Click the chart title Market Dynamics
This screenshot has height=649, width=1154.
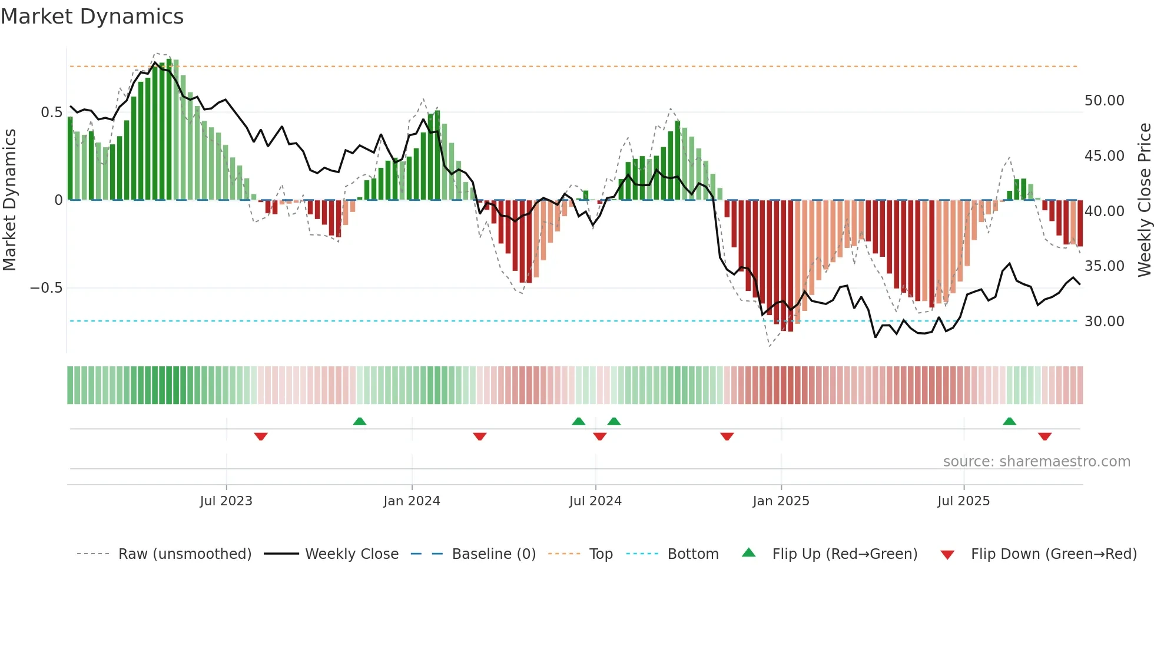click(x=92, y=16)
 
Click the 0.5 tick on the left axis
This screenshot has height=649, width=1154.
click(x=52, y=112)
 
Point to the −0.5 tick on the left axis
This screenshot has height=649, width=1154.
click(x=47, y=288)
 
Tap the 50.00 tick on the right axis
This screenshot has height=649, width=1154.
click(x=1104, y=101)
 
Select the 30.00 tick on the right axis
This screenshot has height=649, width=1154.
click(x=1104, y=322)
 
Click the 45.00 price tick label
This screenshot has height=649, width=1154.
click(x=1104, y=156)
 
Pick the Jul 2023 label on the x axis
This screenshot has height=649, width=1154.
click(x=226, y=501)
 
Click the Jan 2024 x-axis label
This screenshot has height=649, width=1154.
click(x=412, y=501)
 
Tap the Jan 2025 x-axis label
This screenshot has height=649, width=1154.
click(x=781, y=501)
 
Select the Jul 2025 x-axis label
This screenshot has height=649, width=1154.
click(x=963, y=501)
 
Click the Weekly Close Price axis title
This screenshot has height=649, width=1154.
click(x=1144, y=200)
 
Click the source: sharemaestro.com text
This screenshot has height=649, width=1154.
click(x=1036, y=462)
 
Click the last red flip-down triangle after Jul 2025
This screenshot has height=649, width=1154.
click(x=1044, y=436)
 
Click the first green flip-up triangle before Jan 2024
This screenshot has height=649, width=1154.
click(x=360, y=421)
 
